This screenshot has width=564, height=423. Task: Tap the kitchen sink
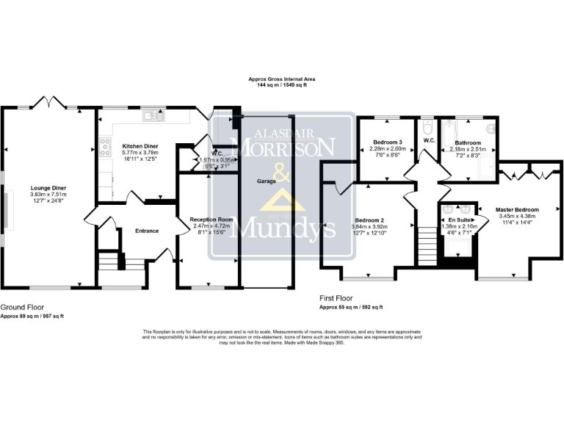(x=154, y=115)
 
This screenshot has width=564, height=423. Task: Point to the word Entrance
(x=146, y=231)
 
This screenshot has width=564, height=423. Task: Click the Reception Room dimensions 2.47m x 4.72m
(x=211, y=226)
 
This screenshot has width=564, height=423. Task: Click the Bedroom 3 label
(x=387, y=142)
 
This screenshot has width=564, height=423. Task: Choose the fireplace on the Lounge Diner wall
(x=5, y=209)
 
